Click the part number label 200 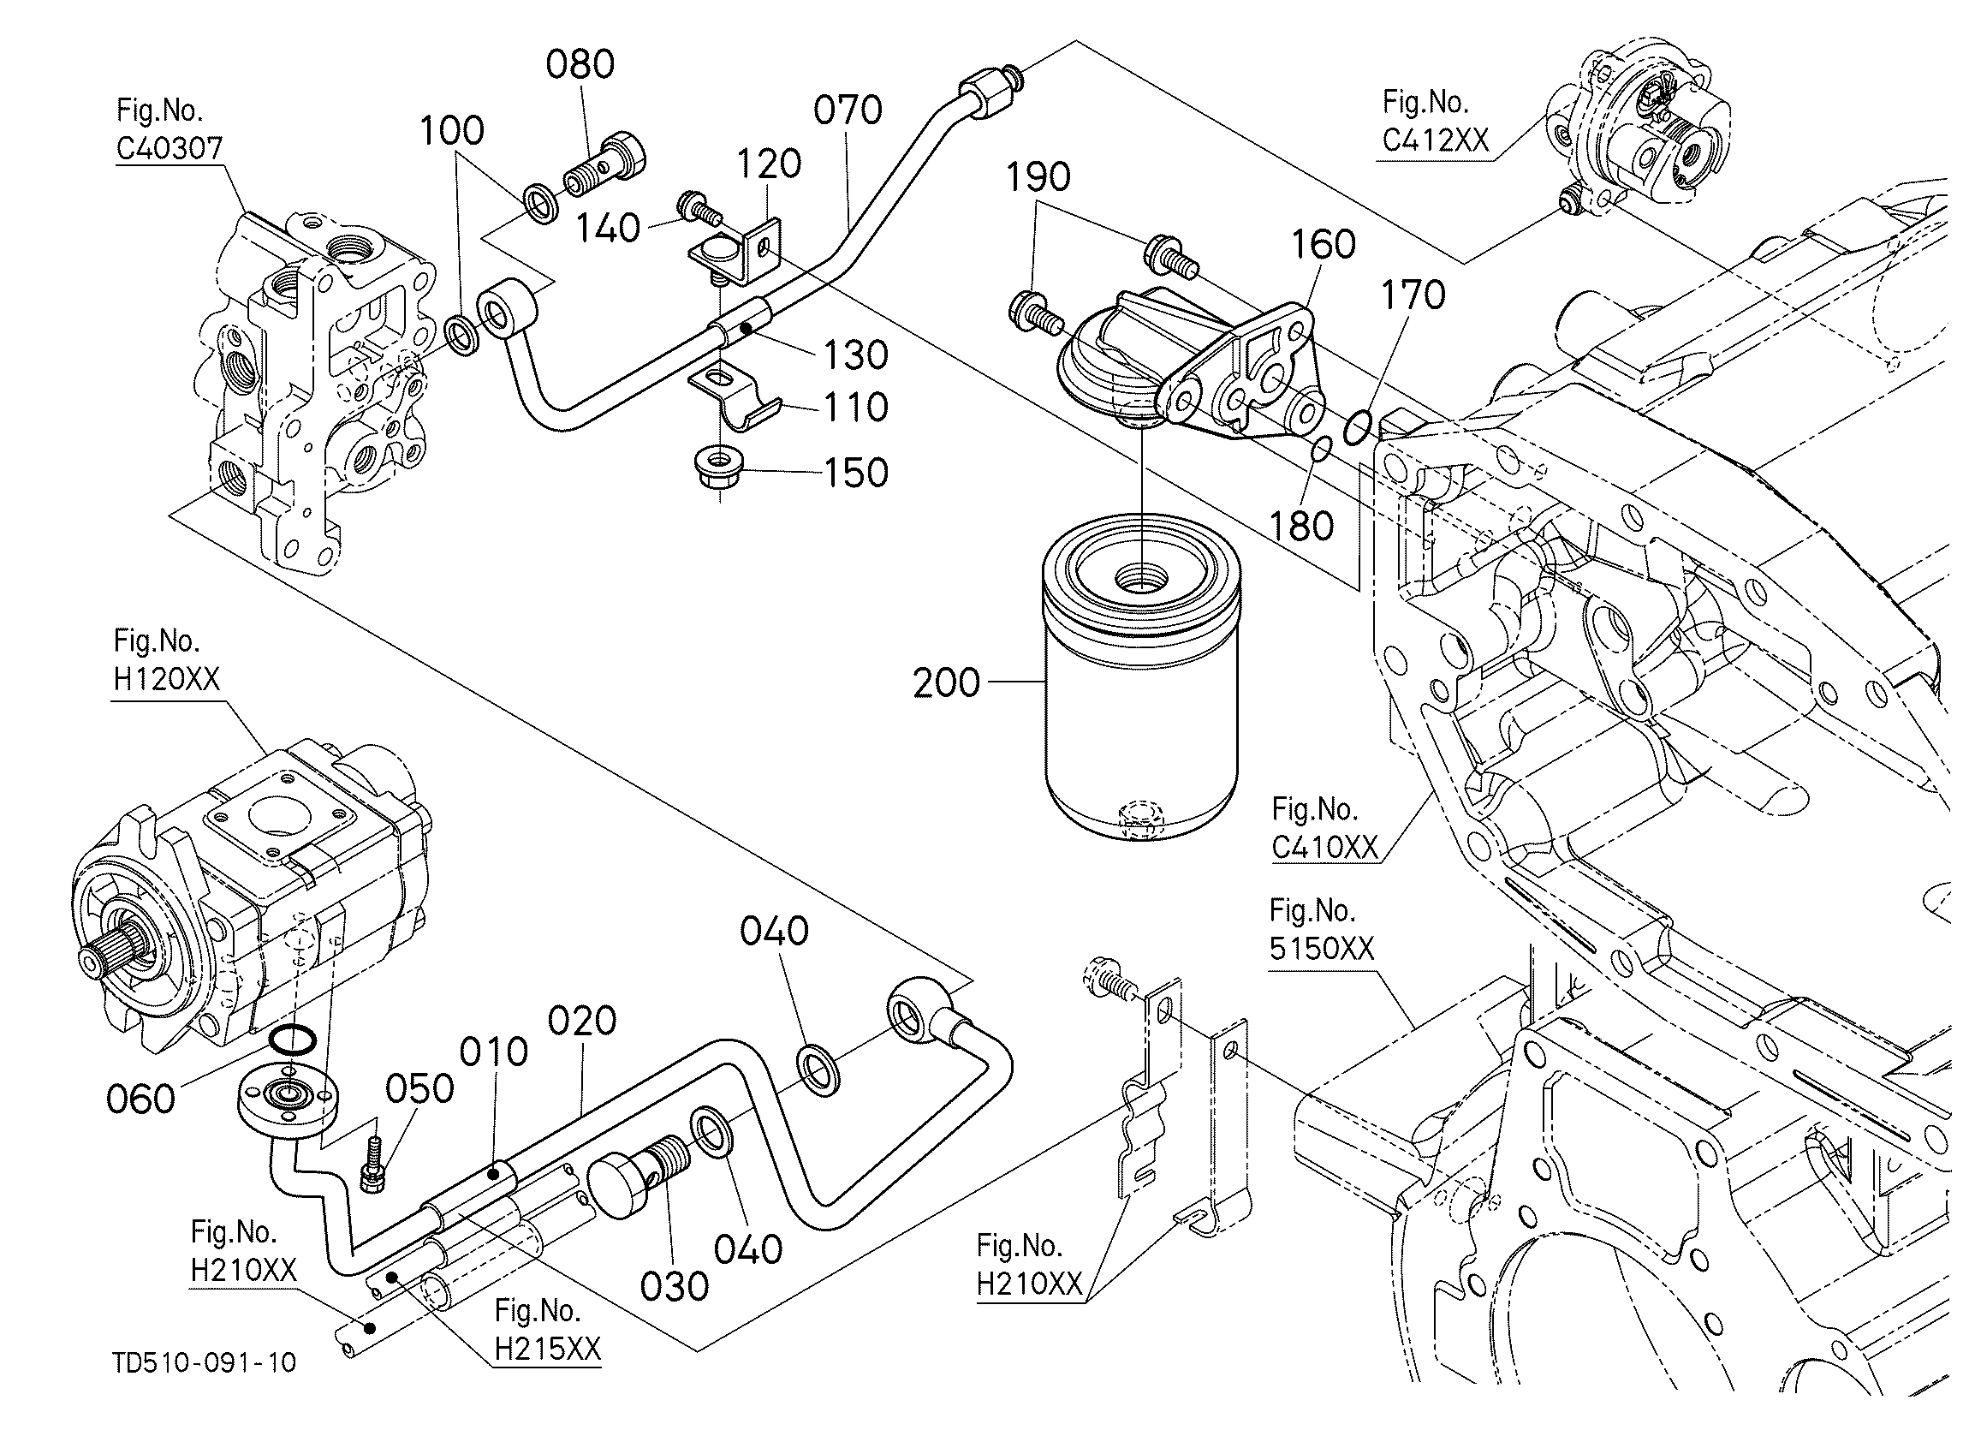pyautogui.click(x=946, y=682)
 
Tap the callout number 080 pyautogui.click(x=580, y=64)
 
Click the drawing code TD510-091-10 pyautogui.click(x=204, y=1362)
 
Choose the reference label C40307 pyautogui.click(x=170, y=148)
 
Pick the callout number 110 pyautogui.click(x=855, y=408)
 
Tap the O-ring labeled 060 pyautogui.click(x=293, y=1039)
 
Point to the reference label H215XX pyautogui.click(x=547, y=1349)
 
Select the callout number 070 pyautogui.click(x=848, y=110)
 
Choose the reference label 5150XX pyautogui.click(x=1322, y=948)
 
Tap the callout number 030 pyautogui.click(x=674, y=1286)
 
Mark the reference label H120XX pyautogui.click(x=167, y=679)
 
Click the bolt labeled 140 pyautogui.click(x=698, y=207)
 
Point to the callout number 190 pyautogui.click(x=1038, y=177)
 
